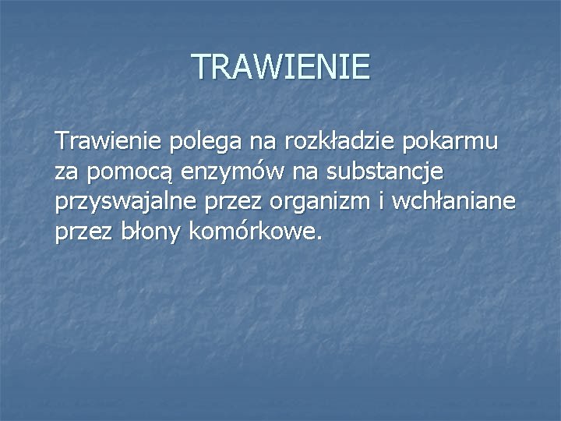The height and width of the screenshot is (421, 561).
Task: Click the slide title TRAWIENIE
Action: click(280, 67)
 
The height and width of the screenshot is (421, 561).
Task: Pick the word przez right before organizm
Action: click(235, 203)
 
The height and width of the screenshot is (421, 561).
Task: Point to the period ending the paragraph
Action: click(318, 238)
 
